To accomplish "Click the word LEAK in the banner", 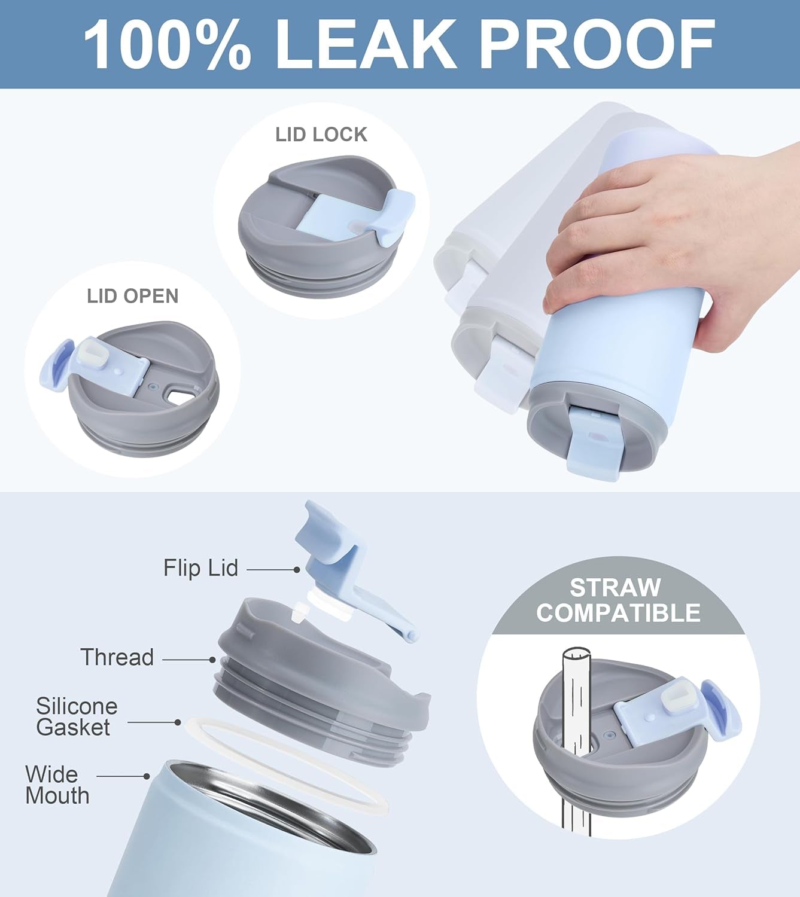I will pos(366,45).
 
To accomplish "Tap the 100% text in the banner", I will pos(167,45).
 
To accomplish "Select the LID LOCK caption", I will pos(321,135).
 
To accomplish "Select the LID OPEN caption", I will pos(133,296).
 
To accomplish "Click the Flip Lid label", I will pos(201,568).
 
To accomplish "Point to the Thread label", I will pos(117,657).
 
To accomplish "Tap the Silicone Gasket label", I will pos(76,716).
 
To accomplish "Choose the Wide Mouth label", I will pos(57,785).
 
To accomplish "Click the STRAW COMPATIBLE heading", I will pos(618,600).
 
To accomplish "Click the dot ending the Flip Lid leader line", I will pos(297,570).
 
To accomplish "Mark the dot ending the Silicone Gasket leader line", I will pos(178,722).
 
